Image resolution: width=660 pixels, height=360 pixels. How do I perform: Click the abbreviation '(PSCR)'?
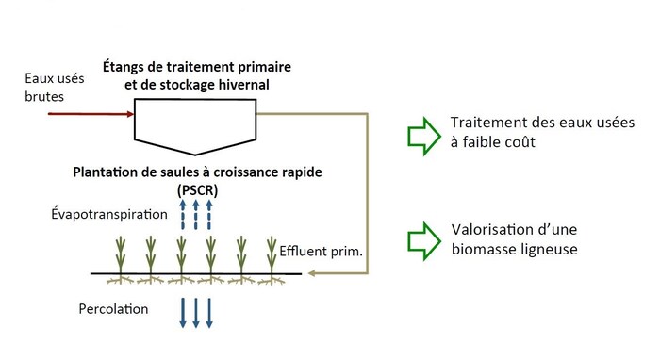(x=194, y=189)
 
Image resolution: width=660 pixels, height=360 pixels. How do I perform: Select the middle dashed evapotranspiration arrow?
(x=195, y=215)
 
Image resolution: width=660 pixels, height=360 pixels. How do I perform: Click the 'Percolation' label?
(x=113, y=308)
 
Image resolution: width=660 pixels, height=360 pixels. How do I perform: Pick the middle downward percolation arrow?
(x=195, y=310)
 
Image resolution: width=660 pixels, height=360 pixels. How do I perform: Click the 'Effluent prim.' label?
(x=322, y=252)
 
